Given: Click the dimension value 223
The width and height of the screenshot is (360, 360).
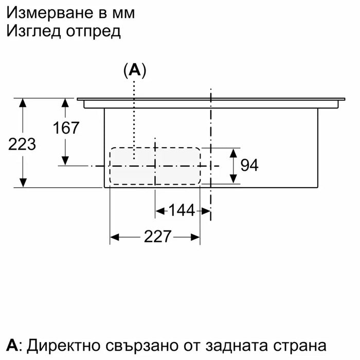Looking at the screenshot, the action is tap(22, 145).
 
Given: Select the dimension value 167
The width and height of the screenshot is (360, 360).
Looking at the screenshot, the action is tap(66, 128).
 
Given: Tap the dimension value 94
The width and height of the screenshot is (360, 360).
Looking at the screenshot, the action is tap(249, 165).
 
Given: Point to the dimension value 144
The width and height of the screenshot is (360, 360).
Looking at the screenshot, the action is tap(182, 210).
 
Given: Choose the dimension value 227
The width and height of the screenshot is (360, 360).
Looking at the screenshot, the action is tap(157, 237).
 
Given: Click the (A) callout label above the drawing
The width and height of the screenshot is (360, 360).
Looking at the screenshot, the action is tap(135, 70).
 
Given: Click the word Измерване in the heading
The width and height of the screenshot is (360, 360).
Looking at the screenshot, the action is tap(49, 13).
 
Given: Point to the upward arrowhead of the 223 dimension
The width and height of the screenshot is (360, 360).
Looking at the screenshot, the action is tap(23, 103).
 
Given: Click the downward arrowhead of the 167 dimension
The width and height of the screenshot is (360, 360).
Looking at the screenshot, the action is tap(65, 160).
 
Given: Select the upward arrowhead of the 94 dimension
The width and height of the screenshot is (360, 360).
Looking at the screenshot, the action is tap(233, 153).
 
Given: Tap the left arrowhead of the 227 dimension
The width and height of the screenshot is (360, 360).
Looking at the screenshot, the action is tap(114, 237).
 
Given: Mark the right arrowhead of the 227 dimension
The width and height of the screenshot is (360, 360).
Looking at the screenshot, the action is tap(195, 237).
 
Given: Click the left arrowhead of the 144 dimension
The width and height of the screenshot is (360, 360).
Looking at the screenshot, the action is tap(160, 211).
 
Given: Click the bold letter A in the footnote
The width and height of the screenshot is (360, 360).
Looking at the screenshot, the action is tap(12, 345).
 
